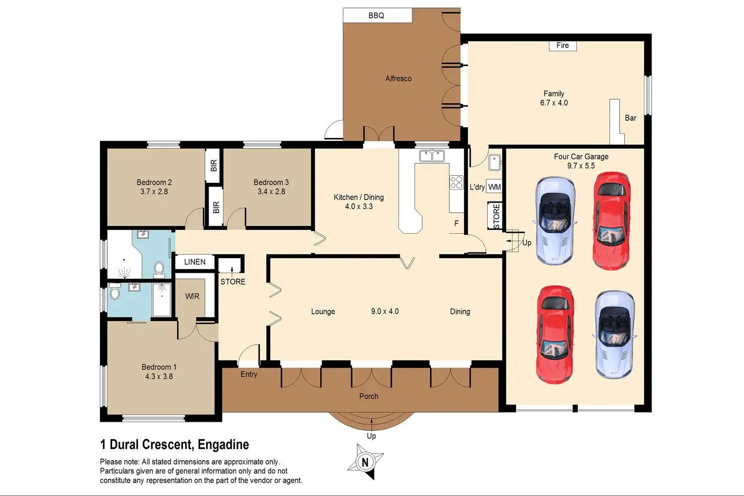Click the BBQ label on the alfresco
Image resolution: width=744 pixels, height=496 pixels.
[376, 15]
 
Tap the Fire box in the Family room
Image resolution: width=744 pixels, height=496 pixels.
[563, 45]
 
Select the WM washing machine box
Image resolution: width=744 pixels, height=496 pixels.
[494, 187]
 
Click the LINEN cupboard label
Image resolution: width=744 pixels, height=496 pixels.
[195, 262]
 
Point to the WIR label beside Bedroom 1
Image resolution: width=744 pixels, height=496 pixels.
[192, 296]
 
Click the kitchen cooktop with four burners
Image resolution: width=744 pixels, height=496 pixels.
[456, 182]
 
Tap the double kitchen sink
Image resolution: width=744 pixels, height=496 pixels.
[432, 156]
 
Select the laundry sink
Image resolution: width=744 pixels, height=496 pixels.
[494, 163]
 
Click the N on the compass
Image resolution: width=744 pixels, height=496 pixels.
[365, 462]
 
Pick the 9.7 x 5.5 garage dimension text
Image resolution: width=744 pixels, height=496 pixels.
[581, 166]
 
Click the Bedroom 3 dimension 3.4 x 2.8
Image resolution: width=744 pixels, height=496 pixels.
[271, 191]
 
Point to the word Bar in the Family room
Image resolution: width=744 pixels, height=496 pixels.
[630, 118]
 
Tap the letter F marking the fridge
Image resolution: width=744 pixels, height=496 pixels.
[456, 223]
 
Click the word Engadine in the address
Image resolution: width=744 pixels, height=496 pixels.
[223, 444]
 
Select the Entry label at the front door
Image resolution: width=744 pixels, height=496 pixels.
[249, 374]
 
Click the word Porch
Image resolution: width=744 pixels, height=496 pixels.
[368, 396]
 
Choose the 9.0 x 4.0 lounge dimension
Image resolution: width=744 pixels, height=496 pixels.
[385, 312]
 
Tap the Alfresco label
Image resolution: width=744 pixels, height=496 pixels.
[398, 79]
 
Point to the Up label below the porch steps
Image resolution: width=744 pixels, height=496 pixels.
[371, 436]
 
